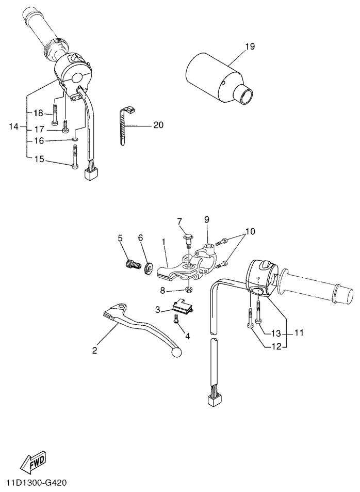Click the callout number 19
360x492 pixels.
click(250, 46)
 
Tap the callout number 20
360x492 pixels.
click(158, 125)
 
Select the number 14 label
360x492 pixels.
click(14, 127)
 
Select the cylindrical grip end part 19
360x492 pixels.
click(219, 78)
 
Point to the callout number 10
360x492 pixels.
click(250, 232)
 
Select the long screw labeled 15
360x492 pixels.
click(74, 157)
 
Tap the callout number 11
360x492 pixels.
click(299, 332)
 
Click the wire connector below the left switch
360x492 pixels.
click(90, 173)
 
